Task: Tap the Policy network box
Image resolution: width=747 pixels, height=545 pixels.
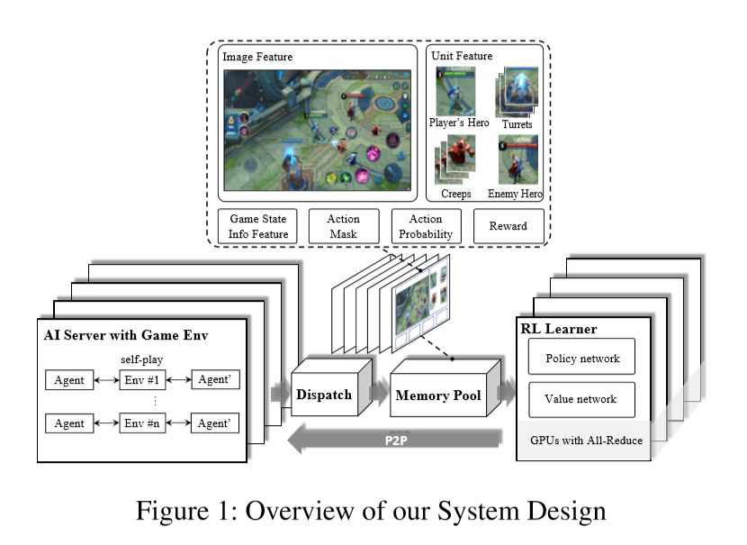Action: point(582,358)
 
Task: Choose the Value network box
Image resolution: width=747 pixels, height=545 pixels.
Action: point(581,399)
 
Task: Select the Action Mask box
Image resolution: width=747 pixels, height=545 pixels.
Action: point(342,226)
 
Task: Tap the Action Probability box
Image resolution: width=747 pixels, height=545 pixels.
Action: point(426,226)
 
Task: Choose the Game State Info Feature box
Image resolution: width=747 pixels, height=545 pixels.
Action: point(259,226)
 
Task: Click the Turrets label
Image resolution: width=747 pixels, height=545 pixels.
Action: point(517,124)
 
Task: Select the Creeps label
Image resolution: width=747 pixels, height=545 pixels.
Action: point(456,194)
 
